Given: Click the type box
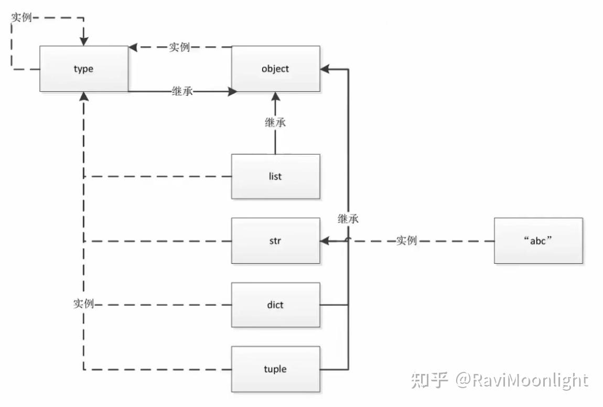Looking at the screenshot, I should pyautogui.click(x=83, y=69).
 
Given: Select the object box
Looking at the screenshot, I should pyautogui.click(x=275, y=69).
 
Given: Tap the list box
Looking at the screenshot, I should pyautogui.click(x=275, y=176).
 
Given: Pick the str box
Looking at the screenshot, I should pyautogui.click(x=275, y=241).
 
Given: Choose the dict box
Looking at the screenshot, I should pyautogui.click(x=275, y=305).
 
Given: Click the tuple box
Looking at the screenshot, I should pyautogui.click(x=275, y=369).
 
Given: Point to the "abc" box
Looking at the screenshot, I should pyautogui.click(x=539, y=241).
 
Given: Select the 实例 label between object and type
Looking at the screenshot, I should pyautogui.click(x=179, y=47).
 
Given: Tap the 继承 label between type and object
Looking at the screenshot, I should pyautogui.click(x=182, y=91).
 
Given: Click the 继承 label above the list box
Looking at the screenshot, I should pyautogui.click(x=275, y=123).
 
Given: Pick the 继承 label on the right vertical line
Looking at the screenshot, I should pyautogui.click(x=348, y=219).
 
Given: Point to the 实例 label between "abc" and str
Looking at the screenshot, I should pyautogui.click(x=406, y=241).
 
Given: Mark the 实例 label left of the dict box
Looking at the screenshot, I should pyautogui.click(x=83, y=304).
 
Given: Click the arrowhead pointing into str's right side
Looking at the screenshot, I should pyautogui.click(x=325, y=241).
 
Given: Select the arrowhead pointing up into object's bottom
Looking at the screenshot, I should pyautogui.click(x=275, y=97).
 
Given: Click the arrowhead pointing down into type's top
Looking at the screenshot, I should pyautogui.click(x=83, y=41).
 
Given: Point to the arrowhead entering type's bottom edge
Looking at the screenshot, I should pyautogui.click(x=83, y=97).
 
